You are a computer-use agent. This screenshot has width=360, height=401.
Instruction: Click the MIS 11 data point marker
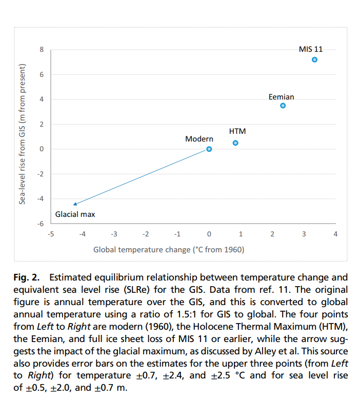pos(314,60)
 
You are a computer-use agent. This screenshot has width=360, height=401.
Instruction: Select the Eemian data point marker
pos(283,106)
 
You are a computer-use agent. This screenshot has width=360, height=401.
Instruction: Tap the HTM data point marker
pos(235,143)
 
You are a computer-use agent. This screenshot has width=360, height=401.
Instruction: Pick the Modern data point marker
pos(209,149)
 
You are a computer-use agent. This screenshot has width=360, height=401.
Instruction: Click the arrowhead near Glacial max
pos(75,204)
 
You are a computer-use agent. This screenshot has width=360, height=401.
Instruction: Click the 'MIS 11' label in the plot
pos(311,49)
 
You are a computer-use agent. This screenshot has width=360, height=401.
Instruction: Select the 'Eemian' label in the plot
pos(282,96)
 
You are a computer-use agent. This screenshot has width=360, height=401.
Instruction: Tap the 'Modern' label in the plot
pos(199,139)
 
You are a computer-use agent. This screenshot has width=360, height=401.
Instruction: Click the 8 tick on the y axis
pos(43,50)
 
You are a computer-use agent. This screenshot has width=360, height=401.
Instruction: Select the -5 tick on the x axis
pos(50,234)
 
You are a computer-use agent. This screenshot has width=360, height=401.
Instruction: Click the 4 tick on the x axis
pos(335,234)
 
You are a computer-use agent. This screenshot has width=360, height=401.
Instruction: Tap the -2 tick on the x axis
pos(145,234)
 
